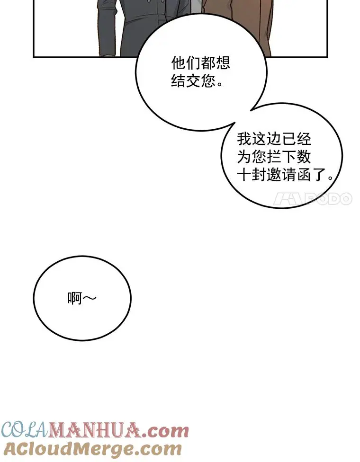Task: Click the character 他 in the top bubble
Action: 179,62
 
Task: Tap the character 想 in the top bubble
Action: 223,62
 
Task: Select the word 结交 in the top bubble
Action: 186,81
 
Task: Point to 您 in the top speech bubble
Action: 208,81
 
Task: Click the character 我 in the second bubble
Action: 244,139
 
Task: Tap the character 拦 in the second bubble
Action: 274,157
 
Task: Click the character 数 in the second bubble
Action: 304,157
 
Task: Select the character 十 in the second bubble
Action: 244,175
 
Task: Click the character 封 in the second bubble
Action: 259,175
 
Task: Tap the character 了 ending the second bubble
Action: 318,175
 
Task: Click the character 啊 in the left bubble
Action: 74,299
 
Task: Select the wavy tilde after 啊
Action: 90,299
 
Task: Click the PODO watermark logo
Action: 312,199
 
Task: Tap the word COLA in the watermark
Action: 25,431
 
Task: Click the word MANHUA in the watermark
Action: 94,431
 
